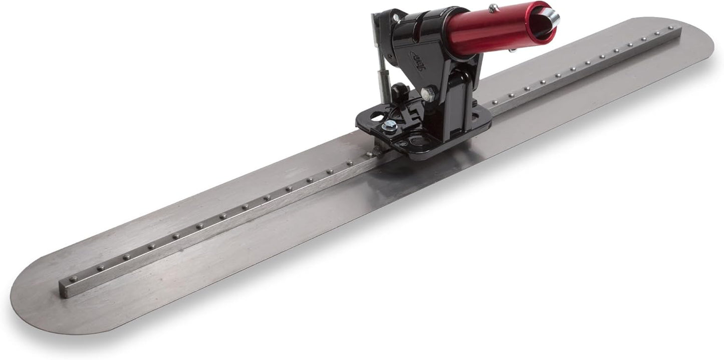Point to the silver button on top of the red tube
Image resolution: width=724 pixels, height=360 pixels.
point(494,8)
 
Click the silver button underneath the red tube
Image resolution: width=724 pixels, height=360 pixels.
point(512,50)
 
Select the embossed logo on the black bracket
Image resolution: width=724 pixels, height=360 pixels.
point(418,60)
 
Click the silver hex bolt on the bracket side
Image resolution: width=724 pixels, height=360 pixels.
point(428,94)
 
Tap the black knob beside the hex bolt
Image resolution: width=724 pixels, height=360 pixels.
point(399,92)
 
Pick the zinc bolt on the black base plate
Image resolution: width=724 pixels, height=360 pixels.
point(389,126)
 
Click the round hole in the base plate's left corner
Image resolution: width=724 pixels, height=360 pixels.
point(376,118)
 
